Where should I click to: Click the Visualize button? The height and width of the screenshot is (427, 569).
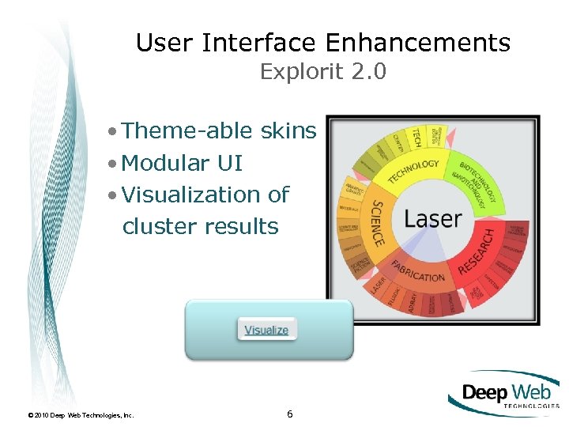(266, 330)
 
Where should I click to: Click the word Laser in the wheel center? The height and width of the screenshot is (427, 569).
(433, 217)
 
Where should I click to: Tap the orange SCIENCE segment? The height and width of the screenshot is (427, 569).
(377, 222)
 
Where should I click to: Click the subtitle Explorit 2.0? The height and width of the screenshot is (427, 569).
(323, 72)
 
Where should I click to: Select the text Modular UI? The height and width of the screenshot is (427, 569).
(183, 163)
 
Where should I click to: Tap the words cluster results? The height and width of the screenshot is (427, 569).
(201, 226)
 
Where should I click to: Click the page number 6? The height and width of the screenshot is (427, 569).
(290, 414)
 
